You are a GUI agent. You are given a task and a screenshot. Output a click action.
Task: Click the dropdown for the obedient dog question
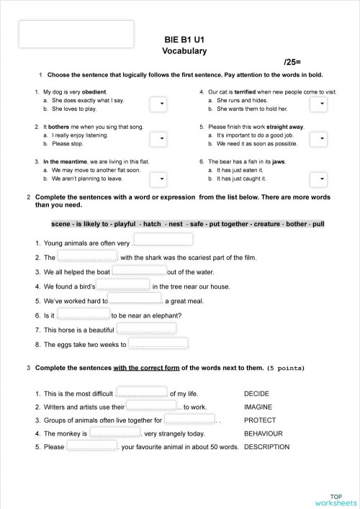(159, 105)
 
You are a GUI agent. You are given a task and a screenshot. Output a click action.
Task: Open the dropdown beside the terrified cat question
(318, 105)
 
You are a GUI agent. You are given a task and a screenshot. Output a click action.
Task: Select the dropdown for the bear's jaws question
(318, 176)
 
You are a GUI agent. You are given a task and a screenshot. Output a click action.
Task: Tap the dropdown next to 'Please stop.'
(159, 140)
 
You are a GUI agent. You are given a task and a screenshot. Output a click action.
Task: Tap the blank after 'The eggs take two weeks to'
(158, 343)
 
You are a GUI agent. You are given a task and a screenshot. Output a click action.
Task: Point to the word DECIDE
(256, 395)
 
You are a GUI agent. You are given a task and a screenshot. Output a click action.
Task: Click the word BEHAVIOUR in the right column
(263, 434)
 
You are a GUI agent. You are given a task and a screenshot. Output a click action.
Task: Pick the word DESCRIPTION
(266, 447)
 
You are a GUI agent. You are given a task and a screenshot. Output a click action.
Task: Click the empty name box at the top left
(76, 35)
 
